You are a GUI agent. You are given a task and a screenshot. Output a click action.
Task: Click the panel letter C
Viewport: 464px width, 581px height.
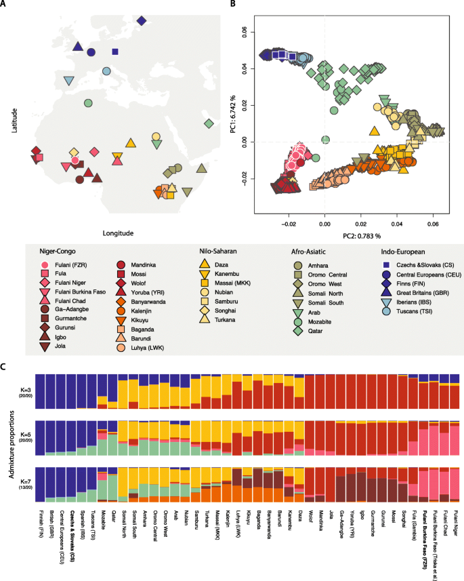point(6,367)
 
